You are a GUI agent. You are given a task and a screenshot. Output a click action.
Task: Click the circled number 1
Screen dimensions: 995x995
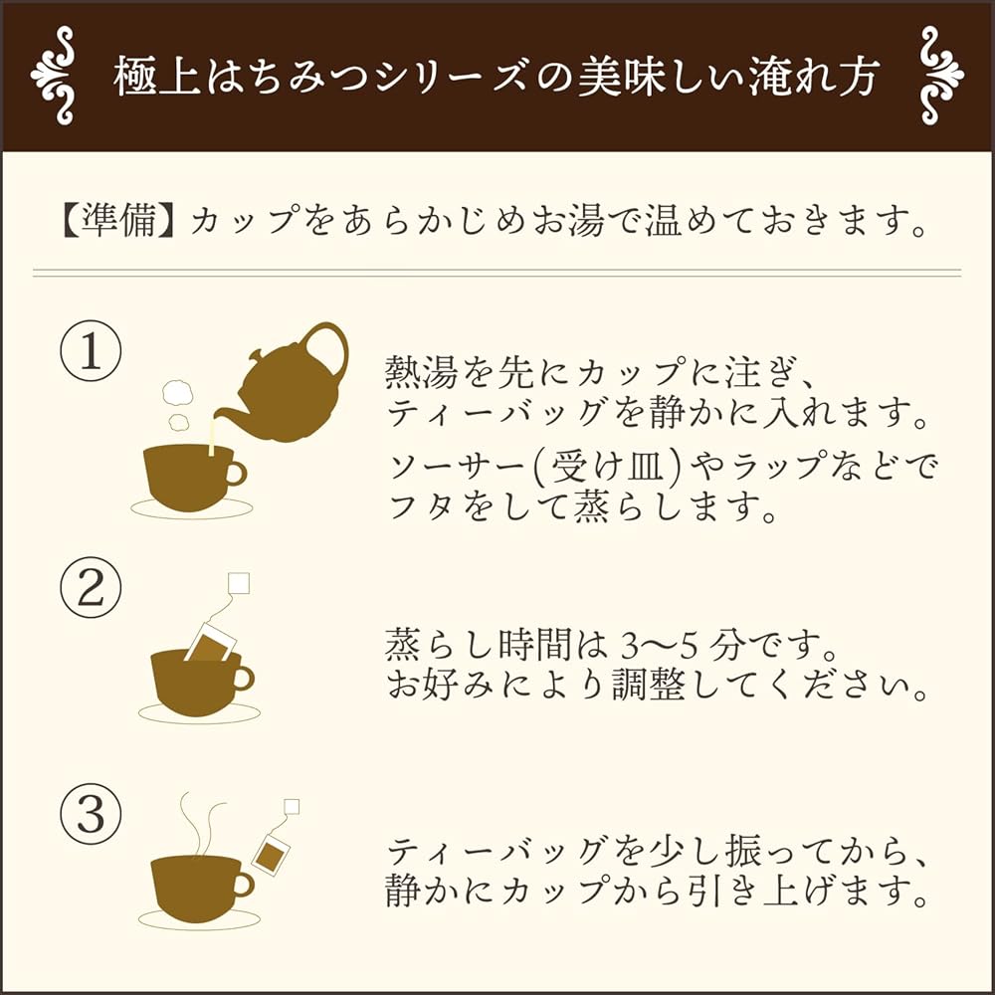click(x=91, y=351)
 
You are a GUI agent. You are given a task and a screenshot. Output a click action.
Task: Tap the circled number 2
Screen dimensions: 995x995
click(x=91, y=588)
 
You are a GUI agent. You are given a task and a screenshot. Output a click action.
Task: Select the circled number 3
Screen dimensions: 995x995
click(x=91, y=814)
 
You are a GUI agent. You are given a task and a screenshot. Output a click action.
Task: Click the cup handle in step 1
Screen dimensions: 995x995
click(x=236, y=473)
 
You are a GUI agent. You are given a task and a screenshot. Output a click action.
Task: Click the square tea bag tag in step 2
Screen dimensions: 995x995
click(x=239, y=583)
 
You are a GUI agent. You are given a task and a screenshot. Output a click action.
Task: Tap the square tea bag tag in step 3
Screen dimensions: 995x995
click(x=292, y=807)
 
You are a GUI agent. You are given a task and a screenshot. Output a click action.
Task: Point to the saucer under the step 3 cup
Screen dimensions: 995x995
click(x=199, y=918)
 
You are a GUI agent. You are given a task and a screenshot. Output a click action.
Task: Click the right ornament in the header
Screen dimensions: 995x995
click(x=941, y=76)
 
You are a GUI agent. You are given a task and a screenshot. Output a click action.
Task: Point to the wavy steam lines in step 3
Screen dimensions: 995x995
click(x=201, y=823)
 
